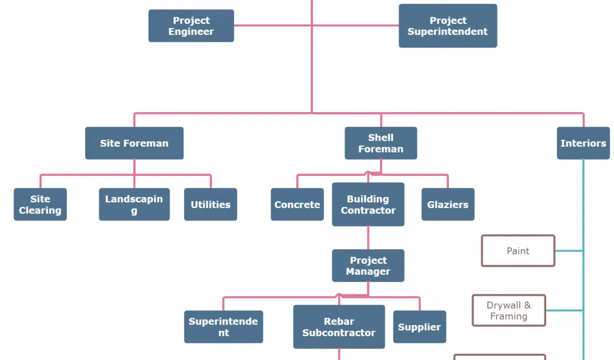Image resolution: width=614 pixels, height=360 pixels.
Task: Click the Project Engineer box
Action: (x=191, y=26)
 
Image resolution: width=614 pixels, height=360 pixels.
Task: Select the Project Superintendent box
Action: (x=448, y=26)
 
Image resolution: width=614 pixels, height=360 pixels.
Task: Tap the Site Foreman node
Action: (x=134, y=143)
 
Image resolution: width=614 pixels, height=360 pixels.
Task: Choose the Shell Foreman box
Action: (x=381, y=143)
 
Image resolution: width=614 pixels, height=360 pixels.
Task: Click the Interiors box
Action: (x=583, y=143)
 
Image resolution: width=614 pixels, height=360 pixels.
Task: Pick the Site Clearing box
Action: (x=40, y=204)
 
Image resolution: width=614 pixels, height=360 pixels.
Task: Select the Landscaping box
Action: (x=134, y=204)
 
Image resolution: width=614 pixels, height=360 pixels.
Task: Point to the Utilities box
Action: (x=211, y=204)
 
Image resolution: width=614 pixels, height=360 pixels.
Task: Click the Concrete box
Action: (x=297, y=204)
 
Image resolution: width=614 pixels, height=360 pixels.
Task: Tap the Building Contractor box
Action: (x=368, y=204)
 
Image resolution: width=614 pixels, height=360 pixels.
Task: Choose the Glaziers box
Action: (x=448, y=204)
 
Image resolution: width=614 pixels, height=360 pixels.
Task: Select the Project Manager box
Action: (x=368, y=266)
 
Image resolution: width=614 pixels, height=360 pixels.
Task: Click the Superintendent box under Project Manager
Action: (x=223, y=327)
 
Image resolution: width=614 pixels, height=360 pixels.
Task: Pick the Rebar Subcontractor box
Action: (x=339, y=327)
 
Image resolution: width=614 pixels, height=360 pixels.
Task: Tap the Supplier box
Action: (x=419, y=327)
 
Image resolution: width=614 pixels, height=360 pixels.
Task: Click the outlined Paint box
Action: (x=518, y=251)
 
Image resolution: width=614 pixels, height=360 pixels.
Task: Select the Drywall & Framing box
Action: (x=509, y=311)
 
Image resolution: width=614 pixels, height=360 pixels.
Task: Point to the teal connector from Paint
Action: (x=569, y=251)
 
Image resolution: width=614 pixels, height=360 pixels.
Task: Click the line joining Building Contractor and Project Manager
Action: (x=368, y=238)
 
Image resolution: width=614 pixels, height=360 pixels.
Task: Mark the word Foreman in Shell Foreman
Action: (x=381, y=149)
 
